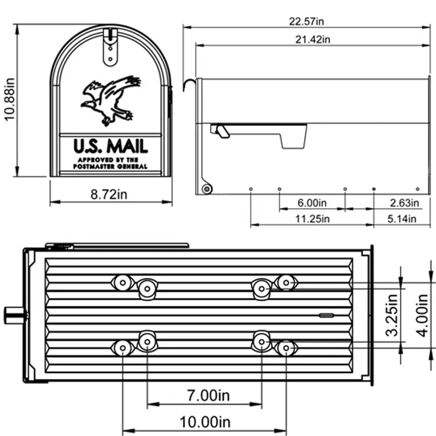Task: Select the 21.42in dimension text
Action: pyautogui.click(x=312, y=39)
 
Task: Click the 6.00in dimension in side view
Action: pyautogui.click(x=312, y=203)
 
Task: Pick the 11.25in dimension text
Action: pyautogui.click(x=312, y=219)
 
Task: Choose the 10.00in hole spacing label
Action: pyautogui.click(x=205, y=422)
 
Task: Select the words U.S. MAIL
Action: pyautogui.click(x=110, y=146)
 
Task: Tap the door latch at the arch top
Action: pyautogui.click(x=111, y=46)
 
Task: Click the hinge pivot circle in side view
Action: pyautogui.click(x=206, y=189)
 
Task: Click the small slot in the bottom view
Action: pyautogui.click(x=325, y=314)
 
